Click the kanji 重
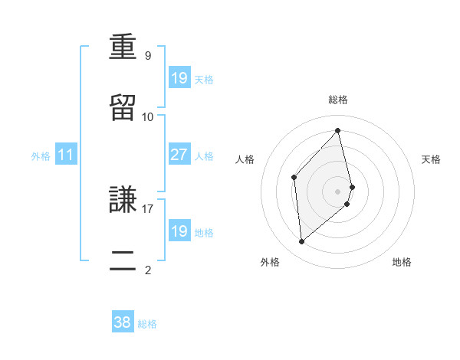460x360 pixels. [x=123, y=47]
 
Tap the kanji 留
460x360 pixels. [x=123, y=108]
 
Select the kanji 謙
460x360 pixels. [x=123, y=200]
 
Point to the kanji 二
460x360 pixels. [x=123, y=260]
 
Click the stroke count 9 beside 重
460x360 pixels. [x=148, y=56]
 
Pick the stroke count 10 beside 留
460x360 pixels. [x=148, y=116]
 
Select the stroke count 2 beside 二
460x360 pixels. [x=148, y=269]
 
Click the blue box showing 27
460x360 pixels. [x=179, y=155]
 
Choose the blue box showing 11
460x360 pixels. [x=66, y=155]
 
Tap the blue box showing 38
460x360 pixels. [x=123, y=322]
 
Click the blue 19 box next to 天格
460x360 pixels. [x=179, y=78]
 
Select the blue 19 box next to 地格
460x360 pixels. [x=179, y=231]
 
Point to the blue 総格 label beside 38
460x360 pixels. [x=147, y=324]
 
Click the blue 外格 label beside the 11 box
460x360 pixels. [x=41, y=156]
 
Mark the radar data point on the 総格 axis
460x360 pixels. [x=337, y=131]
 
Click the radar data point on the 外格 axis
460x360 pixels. [x=301, y=242]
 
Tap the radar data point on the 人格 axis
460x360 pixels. [x=294, y=177]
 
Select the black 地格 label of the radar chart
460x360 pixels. [x=402, y=262]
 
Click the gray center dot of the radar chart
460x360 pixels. [x=338, y=191]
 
